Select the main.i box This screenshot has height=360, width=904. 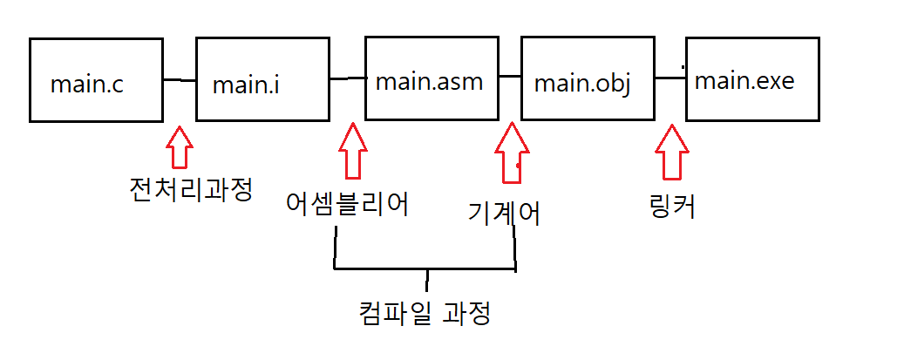pyautogui.click(x=263, y=78)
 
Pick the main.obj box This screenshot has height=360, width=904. pyautogui.click(x=587, y=78)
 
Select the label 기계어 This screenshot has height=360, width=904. pyautogui.click(x=503, y=213)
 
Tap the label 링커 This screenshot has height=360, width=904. pyautogui.click(x=672, y=207)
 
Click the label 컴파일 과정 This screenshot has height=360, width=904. pyautogui.click(x=425, y=311)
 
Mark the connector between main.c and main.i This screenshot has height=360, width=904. pyautogui.click(x=180, y=80)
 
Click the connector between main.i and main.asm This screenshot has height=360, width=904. pyautogui.click(x=348, y=78)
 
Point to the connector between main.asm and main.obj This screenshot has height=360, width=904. pyautogui.click(x=509, y=78)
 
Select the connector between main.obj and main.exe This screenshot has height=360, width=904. pyautogui.click(x=670, y=78)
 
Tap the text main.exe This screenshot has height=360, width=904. pyautogui.click(x=744, y=81)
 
